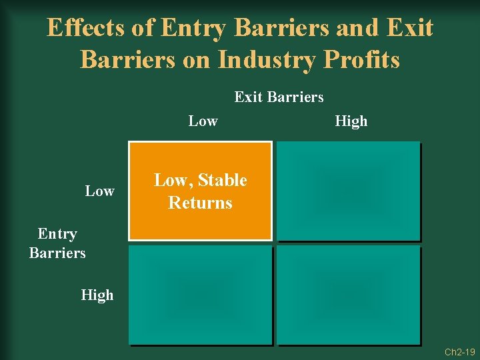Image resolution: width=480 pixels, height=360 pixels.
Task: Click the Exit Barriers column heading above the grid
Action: coord(279,97)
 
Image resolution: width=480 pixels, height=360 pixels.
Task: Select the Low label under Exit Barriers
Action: coord(203,121)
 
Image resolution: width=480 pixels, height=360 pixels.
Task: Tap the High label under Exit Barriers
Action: coord(351,121)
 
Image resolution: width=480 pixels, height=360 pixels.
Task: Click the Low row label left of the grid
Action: coord(99,191)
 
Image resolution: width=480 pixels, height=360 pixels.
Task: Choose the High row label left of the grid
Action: coord(97,295)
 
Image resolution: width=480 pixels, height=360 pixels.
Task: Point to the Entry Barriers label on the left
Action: coord(57,243)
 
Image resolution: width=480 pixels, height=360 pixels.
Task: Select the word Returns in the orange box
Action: coord(200,203)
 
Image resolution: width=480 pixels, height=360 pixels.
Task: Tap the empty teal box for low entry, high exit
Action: coord(349,191)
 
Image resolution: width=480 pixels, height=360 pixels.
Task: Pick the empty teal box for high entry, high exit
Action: coord(349,295)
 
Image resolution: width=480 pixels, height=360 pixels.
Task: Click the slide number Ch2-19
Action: coord(459,351)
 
